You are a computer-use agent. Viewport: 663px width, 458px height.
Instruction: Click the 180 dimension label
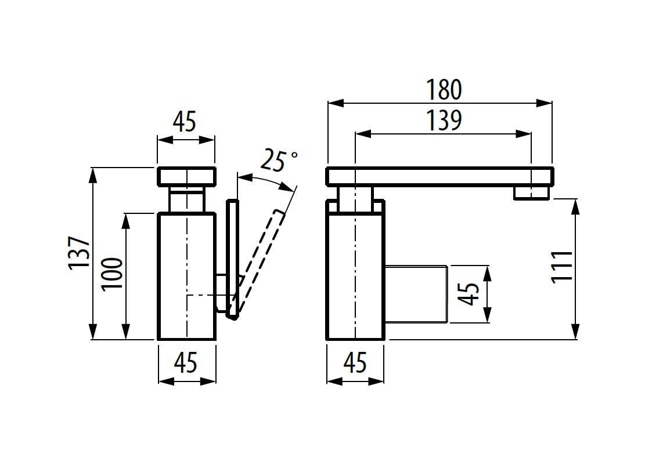[x=444, y=89]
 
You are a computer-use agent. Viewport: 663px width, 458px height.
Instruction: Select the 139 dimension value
[x=444, y=121]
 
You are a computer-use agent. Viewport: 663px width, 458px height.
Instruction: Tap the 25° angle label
[x=279, y=160]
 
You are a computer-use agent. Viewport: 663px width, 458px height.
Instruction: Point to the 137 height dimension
[x=79, y=253]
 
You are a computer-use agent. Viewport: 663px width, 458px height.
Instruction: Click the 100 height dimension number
[x=112, y=274]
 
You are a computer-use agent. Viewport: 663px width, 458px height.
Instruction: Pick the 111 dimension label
[x=562, y=267]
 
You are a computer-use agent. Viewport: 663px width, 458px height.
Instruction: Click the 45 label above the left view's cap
[x=185, y=122]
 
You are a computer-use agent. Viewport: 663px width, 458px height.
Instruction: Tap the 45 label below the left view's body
[x=186, y=362]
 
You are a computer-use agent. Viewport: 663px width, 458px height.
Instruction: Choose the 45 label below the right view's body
[x=355, y=362]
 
